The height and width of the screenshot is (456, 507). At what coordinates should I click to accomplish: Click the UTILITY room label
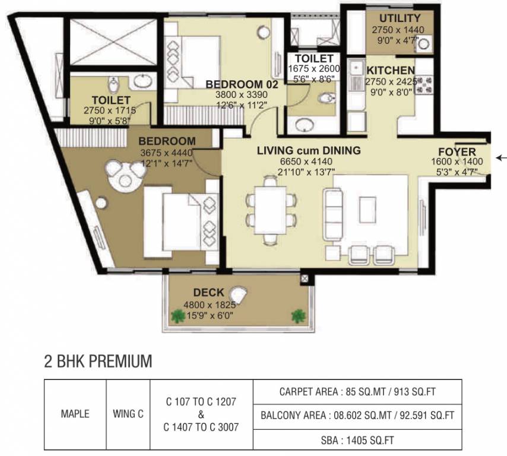[400, 18]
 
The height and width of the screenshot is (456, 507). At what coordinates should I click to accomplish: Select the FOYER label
[457, 151]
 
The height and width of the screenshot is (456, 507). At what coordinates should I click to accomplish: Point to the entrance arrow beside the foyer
[502, 158]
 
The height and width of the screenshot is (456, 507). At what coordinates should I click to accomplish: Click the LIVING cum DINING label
[308, 151]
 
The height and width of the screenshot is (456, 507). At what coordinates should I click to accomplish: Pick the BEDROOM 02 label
[242, 85]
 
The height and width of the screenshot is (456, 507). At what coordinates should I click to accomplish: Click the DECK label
[208, 293]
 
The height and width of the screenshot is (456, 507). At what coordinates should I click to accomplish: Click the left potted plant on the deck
[176, 316]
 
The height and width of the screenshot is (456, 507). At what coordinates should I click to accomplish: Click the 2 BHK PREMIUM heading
[98, 360]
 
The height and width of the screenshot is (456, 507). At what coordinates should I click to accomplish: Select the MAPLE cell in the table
[75, 414]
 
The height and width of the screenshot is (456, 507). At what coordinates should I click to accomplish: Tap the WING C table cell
[128, 414]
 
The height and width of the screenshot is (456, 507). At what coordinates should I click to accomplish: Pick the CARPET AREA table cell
[354, 392]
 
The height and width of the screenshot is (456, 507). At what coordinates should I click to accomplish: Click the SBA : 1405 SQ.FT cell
[354, 440]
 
